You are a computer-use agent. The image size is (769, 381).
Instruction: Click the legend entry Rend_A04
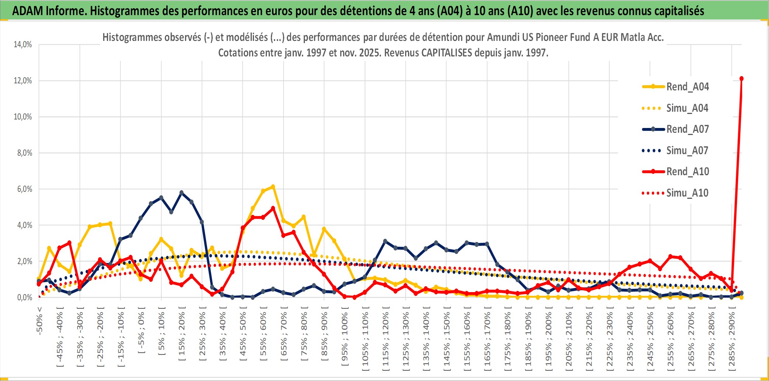coord(687,87)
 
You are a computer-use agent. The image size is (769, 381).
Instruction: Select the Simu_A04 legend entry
coord(687,108)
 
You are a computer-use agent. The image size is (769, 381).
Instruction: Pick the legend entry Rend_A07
coord(687,129)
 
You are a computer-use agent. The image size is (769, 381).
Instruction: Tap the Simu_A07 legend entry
coord(687,150)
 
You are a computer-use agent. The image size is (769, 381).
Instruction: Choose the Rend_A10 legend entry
coord(687,172)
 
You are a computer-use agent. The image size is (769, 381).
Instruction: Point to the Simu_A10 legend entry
coord(687,193)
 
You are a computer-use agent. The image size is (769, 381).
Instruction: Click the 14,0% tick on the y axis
coord(23,45)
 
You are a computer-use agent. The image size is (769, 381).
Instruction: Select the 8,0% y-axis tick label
coord(24,153)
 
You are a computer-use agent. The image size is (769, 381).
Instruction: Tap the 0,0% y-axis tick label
coord(24,297)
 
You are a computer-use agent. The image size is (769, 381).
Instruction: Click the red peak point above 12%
coord(741,79)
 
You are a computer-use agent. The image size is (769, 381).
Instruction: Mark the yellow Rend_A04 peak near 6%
coord(273,187)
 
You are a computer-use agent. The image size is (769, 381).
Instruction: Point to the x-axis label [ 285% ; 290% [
coord(732,340)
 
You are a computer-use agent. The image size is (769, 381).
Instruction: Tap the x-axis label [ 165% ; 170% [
coord(487,340)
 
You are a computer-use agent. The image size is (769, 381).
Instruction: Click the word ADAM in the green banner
coord(27,11)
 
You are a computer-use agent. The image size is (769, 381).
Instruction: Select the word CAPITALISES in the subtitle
coord(446,53)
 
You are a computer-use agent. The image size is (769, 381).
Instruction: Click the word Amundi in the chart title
coord(503,37)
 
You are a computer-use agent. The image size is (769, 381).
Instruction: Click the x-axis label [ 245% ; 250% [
coord(650,340)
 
